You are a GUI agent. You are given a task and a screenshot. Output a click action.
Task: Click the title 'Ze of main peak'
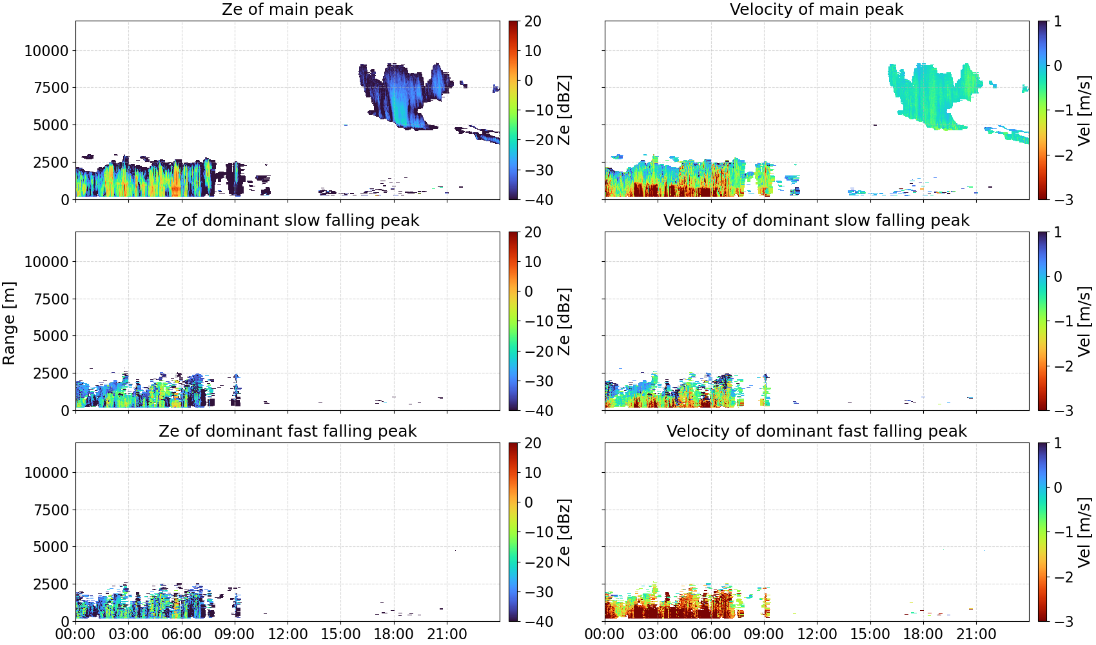pos(287,9)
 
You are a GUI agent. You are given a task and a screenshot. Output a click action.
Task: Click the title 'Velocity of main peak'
pos(817,9)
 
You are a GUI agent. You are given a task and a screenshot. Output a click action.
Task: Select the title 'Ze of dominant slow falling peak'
pos(287,220)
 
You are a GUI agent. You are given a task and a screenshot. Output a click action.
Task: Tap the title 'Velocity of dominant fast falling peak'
pos(817,431)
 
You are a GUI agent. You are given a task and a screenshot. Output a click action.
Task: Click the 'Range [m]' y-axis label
pos(9,323)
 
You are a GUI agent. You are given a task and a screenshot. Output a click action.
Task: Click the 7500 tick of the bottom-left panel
pos(51,510)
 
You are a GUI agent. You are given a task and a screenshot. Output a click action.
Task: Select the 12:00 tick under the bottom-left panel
pos(288,634)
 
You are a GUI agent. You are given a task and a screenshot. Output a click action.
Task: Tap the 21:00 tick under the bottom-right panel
pos(976,634)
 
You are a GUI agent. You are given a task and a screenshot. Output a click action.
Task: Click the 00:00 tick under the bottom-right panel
pos(605,634)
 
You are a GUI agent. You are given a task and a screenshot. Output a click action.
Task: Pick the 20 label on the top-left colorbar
pos(533,21)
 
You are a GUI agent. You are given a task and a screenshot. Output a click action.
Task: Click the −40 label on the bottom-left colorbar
pos(539,622)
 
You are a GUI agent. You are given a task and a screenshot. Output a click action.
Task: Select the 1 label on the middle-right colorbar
pos(1058,232)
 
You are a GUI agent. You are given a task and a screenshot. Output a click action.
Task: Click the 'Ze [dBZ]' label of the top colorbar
pos(564,110)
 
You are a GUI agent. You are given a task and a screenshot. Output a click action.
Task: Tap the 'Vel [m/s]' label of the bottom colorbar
pos(1084,532)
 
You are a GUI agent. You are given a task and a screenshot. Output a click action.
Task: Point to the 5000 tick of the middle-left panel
pos(51,335)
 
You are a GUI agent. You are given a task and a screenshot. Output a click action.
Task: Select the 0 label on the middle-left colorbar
pos(529,292)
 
